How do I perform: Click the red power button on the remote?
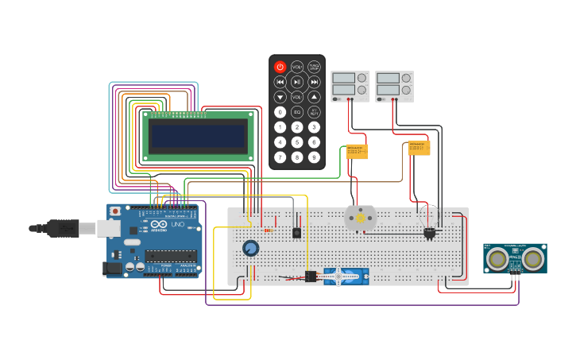point(280,68)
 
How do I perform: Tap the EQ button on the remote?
point(297,112)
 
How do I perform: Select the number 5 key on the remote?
point(297,142)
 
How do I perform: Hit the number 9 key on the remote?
point(314,157)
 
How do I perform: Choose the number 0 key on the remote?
point(280,112)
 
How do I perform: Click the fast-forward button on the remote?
point(314,82)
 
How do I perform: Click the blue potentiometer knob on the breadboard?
point(251,249)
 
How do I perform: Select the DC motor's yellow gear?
point(360,218)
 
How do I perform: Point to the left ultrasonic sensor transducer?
point(498,258)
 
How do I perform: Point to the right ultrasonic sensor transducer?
point(532,258)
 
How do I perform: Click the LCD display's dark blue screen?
point(197,136)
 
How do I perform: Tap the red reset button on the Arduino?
point(116,212)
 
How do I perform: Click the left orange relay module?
point(356,151)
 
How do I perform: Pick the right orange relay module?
point(419,148)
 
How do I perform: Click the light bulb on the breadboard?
point(430,233)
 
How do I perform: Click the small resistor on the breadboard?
point(268,230)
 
